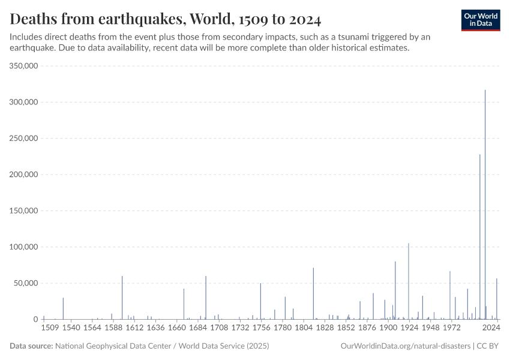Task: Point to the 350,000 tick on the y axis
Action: [x=25, y=66]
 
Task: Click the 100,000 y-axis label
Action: [x=25, y=247]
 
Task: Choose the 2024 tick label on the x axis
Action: [x=491, y=328]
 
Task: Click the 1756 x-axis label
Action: [x=261, y=328]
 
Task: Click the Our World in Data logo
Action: [x=481, y=20]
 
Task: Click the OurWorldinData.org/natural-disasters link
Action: [x=405, y=346]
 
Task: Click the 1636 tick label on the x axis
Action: [x=155, y=328]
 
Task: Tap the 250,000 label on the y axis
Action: [x=25, y=139]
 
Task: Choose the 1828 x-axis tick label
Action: [x=325, y=328]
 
